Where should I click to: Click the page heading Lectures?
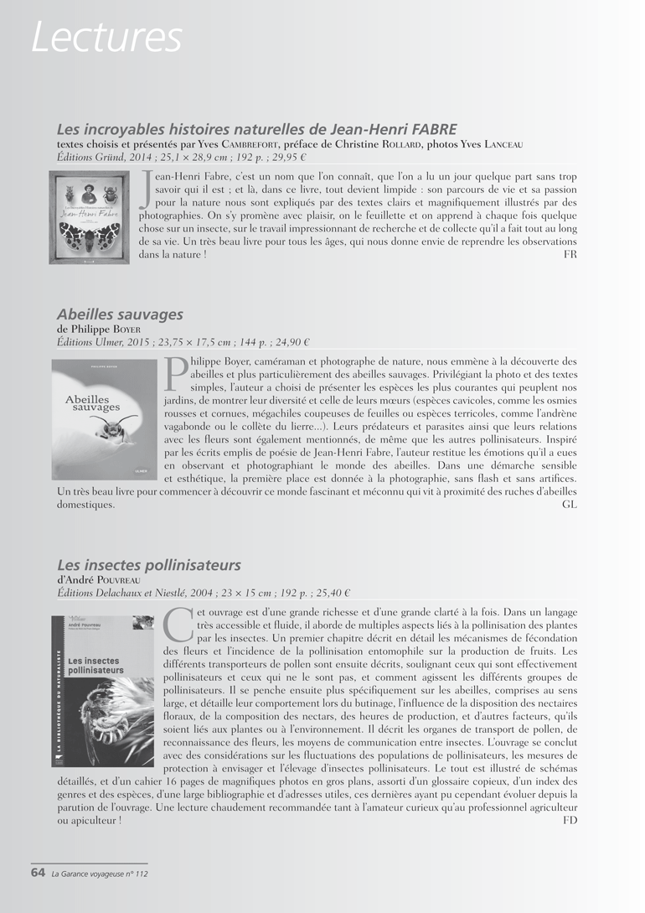(x=106, y=37)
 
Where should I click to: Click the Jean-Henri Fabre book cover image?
(x=89, y=217)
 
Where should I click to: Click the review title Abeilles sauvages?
(x=120, y=314)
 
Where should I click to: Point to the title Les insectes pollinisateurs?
(x=148, y=565)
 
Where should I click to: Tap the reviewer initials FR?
(x=570, y=254)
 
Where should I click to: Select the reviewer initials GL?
(x=570, y=505)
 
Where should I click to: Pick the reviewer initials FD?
(x=570, y=820)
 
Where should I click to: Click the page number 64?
(x=38, y=874)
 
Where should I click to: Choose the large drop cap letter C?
(x=178, y=626)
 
